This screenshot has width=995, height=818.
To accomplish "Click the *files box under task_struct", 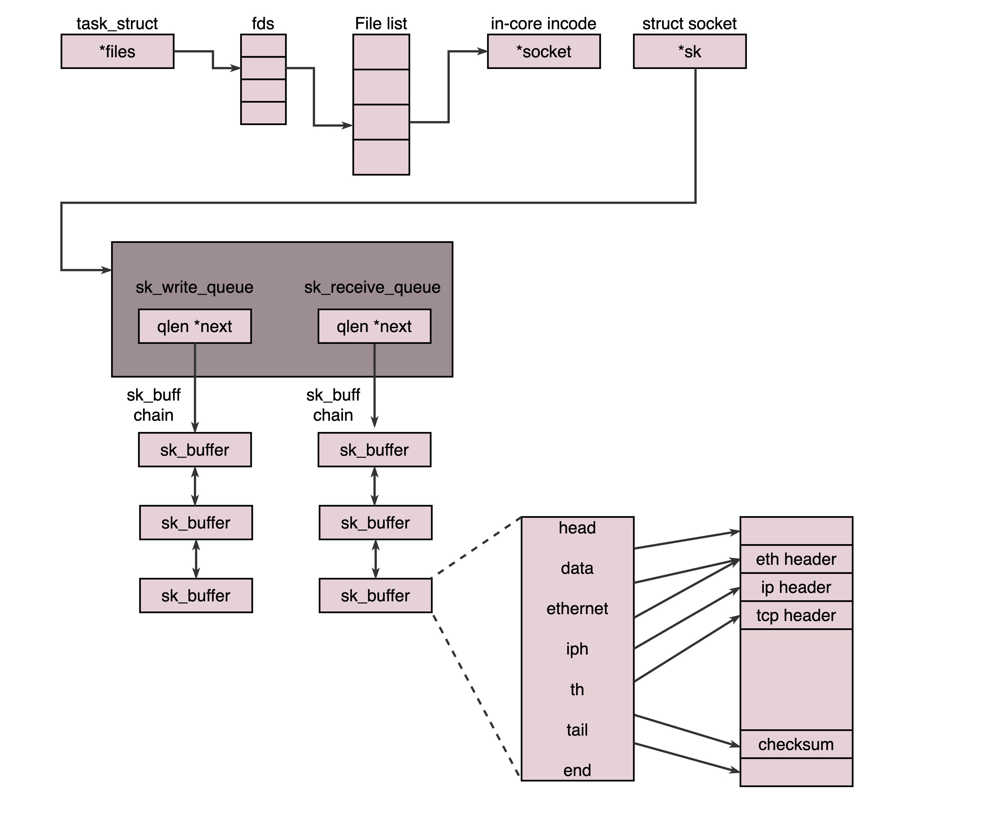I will (x=117, y=51).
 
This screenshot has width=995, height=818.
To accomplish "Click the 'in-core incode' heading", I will (x=543, y=23).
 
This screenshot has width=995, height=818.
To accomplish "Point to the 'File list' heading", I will (x=381, y=23).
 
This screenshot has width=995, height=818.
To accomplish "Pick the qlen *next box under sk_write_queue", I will (x=195, y=326).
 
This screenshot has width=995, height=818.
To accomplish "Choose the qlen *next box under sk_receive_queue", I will (x=374, y=326).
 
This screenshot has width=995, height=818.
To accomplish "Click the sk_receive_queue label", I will (x=372, y=287).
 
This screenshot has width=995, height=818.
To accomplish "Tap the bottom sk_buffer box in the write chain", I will (x=196, y=596).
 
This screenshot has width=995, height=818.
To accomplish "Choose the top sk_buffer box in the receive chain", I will (x=374, y=450).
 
